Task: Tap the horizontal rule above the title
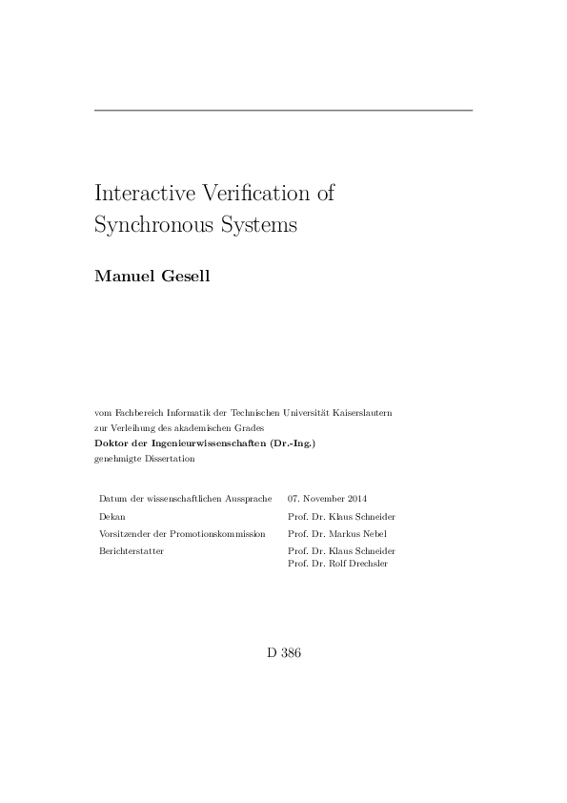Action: (283, 112)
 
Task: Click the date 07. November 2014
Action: (327, 499)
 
